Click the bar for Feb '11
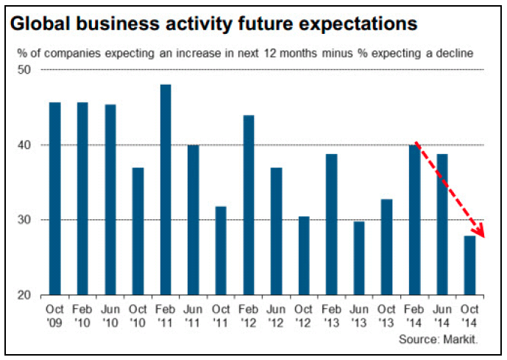pyautogui.click(x=166, y=190)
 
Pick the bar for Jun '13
pyautogui.click(x=359, y=258)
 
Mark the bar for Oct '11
pyautogui.click(x=221, y=250)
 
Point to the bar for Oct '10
pyautogui.click(x=138, y=231)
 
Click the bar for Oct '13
pyautogui.click(x=386, y=247)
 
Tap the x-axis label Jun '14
pyautogui.click(x=442, y=314)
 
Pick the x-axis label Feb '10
pyautogui.click(x=82, y=314)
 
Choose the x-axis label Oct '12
pyautogui.click(x=303, y=314)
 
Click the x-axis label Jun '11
pyautogui.click(x=193, y=314)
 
